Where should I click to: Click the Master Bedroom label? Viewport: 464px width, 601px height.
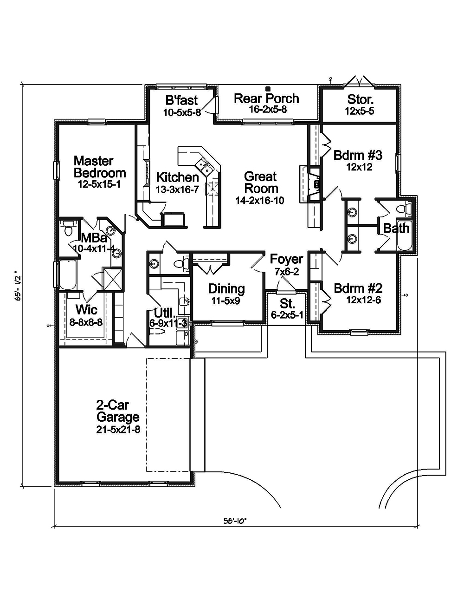tap(100, 167)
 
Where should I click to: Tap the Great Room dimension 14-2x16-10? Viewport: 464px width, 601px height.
tap(260, 201)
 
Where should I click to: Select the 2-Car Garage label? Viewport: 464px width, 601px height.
tap(118, 411)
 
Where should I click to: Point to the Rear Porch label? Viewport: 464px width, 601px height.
tap(266, 98)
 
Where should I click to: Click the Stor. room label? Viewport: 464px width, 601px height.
tap(360, 99)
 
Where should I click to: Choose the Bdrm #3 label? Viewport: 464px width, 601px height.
tap(358, 155)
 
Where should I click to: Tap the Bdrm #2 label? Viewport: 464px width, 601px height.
tap(358, 288)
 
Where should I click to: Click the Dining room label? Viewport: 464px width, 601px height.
tap(226, 289)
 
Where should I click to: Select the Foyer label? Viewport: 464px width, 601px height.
tap(286, 259)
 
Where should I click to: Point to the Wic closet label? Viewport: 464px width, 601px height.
tap(86, 309)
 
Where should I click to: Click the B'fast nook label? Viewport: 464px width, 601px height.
tap(181, 100)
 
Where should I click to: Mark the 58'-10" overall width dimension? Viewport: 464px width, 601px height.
tap(236, 521)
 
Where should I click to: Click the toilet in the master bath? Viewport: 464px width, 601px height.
tap(68, 229)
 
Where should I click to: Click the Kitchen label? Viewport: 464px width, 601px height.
tap(177, 177)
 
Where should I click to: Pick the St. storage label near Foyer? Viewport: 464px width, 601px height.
tap(287, 304)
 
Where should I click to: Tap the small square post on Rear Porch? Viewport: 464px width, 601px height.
tap(268, 88)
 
